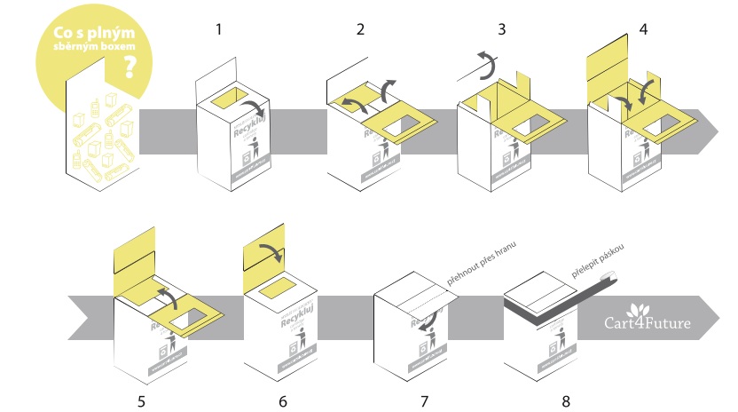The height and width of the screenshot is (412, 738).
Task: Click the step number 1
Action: coord(218,28)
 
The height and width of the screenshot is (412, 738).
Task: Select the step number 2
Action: coord(360,28)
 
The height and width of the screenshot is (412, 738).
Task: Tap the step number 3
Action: coord(502,28)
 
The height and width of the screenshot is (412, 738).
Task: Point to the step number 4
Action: coord(643,28)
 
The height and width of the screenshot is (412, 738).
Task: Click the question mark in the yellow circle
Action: coord(131,68)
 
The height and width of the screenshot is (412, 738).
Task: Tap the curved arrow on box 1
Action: coord(263,116)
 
